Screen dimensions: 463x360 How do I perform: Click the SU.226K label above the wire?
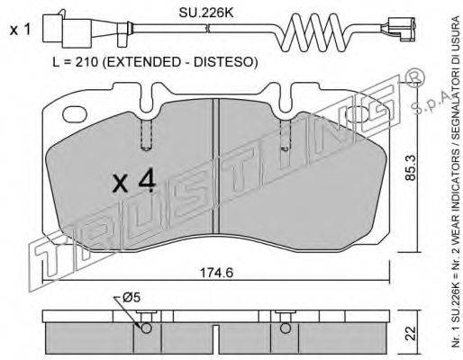(205, 13)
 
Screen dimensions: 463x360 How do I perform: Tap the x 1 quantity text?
(20, 30)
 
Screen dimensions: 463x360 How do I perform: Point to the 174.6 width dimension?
(216, 273)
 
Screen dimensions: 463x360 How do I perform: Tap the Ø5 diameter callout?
(132, 297)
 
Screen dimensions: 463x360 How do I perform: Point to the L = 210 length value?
(75, 62)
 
